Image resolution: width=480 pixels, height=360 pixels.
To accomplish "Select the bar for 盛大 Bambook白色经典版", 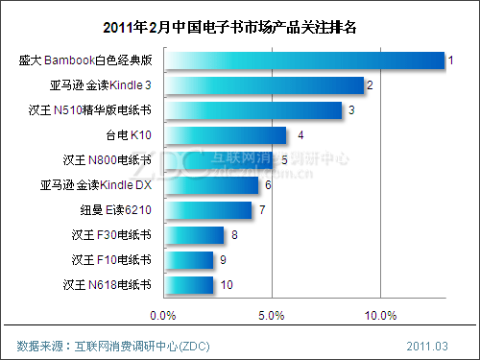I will [x=303, y=60].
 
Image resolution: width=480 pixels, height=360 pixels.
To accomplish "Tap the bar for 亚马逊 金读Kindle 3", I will [x=263, y=85].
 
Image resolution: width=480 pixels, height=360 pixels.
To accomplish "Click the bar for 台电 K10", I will [x=225, y=135].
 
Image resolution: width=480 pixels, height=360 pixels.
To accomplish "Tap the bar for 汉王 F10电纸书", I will [x=188, y=259].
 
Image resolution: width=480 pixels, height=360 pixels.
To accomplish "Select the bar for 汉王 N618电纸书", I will [x=188, y=284].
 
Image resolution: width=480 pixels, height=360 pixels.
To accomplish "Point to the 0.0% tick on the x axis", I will [x=163, y=314].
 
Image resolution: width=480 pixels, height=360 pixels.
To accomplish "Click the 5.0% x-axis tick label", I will [x=272, y=314].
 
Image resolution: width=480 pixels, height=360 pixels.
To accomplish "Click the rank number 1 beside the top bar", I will [x=451, y=60].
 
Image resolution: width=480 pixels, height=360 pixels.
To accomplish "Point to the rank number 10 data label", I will [x=227, y=285].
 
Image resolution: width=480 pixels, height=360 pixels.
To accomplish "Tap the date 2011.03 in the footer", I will [x=426, y=345].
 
